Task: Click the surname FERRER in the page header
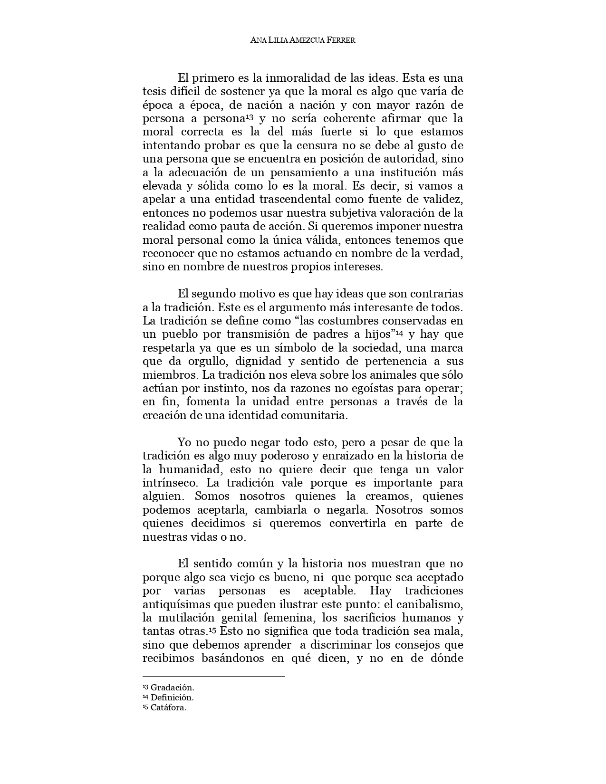[339, 40]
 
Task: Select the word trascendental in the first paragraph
[287, 199]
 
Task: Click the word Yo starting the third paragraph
[184, 442]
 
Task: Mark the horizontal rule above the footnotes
[213, 676]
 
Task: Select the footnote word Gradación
[172, 688]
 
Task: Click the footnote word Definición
[172, 698]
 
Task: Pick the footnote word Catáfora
[168, 708]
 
